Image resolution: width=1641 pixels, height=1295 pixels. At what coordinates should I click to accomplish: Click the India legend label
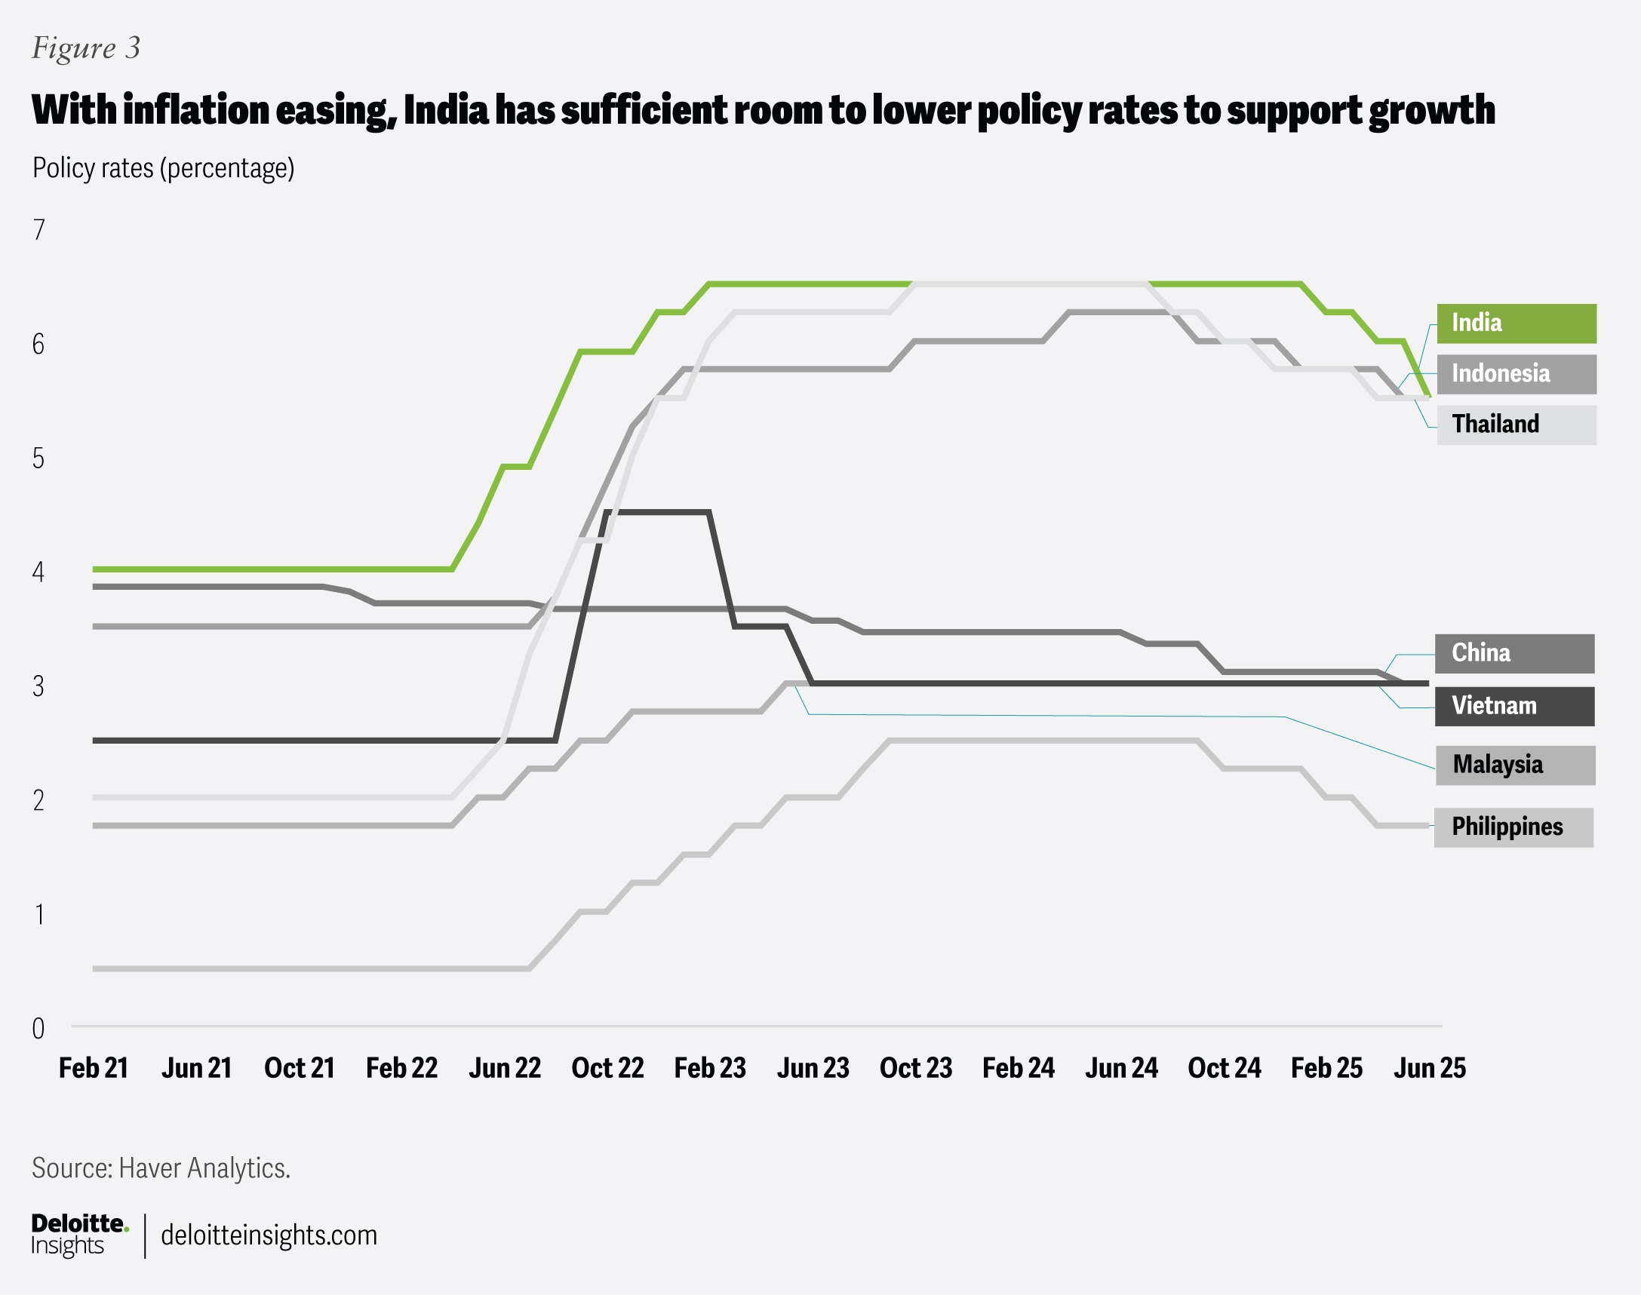1516,323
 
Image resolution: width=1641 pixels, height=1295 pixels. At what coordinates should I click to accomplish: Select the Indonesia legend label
1516,374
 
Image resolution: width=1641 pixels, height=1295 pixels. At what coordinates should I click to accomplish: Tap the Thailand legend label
1516,425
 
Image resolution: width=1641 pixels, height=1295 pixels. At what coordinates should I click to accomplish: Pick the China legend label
1513,653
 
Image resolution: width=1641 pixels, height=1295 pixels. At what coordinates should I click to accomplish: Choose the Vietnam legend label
1513,706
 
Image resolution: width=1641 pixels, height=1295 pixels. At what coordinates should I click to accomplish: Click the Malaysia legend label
1514,764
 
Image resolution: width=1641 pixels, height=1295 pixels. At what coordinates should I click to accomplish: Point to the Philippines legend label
1513,827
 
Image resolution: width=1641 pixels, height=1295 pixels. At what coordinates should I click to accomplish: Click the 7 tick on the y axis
38,230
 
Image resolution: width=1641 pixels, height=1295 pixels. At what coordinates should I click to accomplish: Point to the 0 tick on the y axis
38,1029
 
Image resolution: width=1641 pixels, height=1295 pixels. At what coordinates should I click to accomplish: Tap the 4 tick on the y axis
38,572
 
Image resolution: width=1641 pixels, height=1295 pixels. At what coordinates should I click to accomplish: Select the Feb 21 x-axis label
94,1068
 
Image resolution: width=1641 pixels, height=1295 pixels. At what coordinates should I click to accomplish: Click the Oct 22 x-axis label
607,1068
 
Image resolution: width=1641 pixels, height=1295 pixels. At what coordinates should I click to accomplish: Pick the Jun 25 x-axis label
1430,1068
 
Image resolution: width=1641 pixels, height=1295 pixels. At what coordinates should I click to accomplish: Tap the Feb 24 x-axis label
1019,1068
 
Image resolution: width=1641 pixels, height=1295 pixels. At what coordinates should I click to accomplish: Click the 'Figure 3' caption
86,48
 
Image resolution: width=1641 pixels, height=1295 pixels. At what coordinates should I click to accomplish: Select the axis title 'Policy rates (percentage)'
163,167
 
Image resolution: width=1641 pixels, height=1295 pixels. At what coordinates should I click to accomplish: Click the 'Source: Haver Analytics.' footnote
161,1168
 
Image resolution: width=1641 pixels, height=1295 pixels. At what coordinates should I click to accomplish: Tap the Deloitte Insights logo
79,1235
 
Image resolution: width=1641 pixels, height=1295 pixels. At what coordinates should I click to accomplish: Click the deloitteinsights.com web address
269,1235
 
